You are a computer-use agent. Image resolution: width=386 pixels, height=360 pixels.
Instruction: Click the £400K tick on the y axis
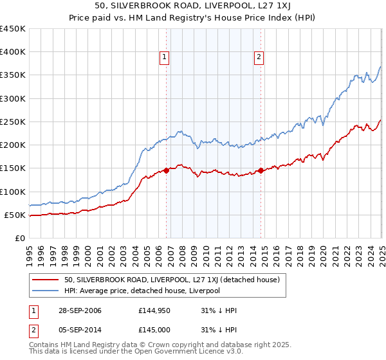coord(13,52)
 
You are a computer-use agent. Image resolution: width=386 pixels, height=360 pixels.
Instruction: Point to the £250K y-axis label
coord(13,122)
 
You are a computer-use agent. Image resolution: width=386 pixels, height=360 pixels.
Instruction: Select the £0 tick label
coord(20,238)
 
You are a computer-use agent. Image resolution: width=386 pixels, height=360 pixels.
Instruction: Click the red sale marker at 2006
coord(167,170)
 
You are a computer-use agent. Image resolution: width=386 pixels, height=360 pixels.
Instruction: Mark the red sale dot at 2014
coord(261,170)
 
